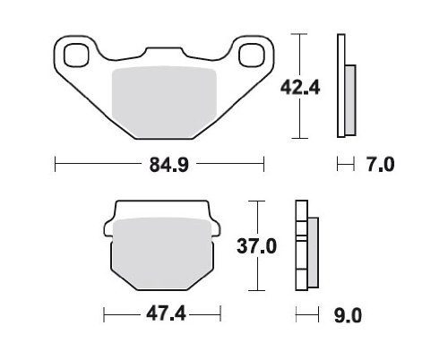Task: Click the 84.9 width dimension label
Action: pos(169,165)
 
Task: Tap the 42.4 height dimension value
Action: pos(300,88)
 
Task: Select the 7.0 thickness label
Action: pos(381,165)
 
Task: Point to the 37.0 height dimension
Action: pos(256,246)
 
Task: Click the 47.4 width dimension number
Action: pos(166,314)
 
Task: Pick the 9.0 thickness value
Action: pos(348,315)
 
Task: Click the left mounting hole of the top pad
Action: pos(77,55)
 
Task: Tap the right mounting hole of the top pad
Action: pos(252,55)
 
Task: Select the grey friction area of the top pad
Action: pos(164,102)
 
